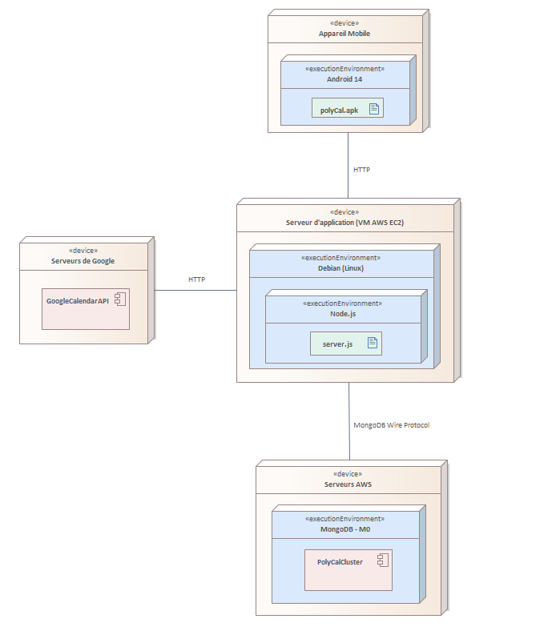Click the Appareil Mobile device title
[x=344, y=34]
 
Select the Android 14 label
[x=344, y=79]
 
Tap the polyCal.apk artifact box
[x=348, y=108]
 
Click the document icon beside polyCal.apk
[x=374, y=109]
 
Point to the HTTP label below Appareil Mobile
[x=361, y=170]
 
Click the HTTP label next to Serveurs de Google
[x=196, y=279]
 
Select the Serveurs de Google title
[x=83, y=261]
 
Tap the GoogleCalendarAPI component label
[x=77, y=301]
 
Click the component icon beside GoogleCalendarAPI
[x=120, y=299]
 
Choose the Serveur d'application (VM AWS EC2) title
[x=344, y=223]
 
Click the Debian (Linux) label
[x=341, y=268]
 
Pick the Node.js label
[x=343, y=314]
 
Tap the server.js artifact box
[x=346, y=344]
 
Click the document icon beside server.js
[x=373, y=343]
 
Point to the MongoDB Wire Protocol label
[x=391, y=425]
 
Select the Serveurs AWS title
[x=348, y=484]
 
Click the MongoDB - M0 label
[x=345, y=529]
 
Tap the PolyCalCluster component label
[x=340, y=562]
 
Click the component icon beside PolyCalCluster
[x=383, y=561]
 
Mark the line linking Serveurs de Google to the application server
[x=195, y=290]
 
